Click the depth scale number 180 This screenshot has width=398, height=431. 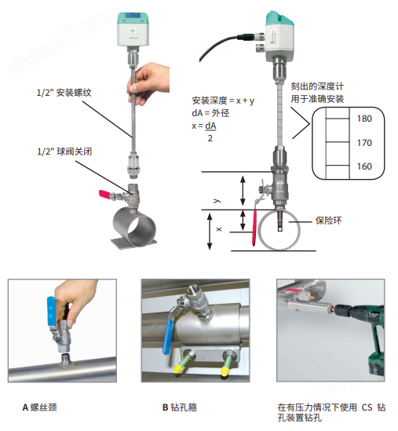[x=364, y=119]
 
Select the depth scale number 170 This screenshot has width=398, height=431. [x=364, y=143]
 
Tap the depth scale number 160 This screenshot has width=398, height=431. [x=364, y=166]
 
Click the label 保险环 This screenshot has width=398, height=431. [x=329, y=221]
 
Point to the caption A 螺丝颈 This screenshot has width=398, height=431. [x=39, y=407]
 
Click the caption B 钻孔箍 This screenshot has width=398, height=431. [x=180, y=407]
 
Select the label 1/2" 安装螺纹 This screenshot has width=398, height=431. [x=64, y=93]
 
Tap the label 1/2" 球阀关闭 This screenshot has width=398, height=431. [x=64, y=152]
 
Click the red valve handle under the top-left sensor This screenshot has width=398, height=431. [x=104, y=194]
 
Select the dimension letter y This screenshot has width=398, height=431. [x=217, y=200]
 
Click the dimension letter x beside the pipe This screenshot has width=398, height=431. [x=219, y=228]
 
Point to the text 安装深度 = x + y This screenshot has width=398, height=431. [x=223, y=100]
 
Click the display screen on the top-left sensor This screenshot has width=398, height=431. [x=133, y=16]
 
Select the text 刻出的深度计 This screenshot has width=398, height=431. [x=317, y=86]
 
